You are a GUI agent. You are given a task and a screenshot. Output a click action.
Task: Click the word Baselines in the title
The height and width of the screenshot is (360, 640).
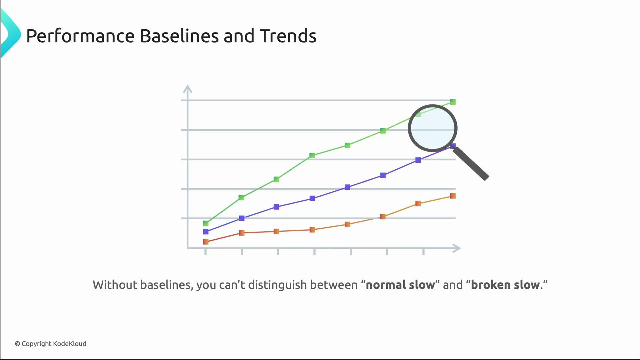(179, 36)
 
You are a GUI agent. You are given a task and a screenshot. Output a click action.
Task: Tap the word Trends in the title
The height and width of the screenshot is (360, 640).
(288, 36)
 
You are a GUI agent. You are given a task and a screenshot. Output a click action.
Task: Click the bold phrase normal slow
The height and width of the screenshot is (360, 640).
(400, 285)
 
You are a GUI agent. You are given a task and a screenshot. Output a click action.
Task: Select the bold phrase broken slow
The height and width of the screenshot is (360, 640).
(505, 285)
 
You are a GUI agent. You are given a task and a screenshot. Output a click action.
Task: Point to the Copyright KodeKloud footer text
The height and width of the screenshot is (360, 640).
(51, 344)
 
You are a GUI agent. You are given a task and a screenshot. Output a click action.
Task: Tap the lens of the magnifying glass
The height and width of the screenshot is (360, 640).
(432, 128)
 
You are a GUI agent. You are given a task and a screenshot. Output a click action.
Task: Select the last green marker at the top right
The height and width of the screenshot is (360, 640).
(453, 102)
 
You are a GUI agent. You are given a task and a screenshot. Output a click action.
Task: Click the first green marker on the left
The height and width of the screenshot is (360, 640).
(206, 223)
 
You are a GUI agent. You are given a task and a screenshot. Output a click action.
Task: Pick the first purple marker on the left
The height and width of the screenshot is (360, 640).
(206, 232)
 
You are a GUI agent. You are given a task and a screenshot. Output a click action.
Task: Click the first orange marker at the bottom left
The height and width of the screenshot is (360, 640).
(206, 242)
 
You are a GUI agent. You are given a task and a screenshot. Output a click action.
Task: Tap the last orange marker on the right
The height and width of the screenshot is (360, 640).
(453, 196)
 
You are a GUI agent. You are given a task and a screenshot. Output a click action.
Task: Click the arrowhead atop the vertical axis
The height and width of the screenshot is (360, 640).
(188, 88)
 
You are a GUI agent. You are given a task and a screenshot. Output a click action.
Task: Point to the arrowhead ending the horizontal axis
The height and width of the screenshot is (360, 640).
(457, 248)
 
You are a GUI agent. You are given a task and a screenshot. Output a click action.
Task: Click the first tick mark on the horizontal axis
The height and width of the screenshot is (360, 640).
(205, 252)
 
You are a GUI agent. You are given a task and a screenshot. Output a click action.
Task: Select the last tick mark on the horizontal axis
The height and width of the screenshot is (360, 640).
(423, 252)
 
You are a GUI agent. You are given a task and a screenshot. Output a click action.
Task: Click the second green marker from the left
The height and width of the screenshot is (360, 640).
(242, 198)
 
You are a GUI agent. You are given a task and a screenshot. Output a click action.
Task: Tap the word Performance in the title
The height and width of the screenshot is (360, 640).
(80, 36)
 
